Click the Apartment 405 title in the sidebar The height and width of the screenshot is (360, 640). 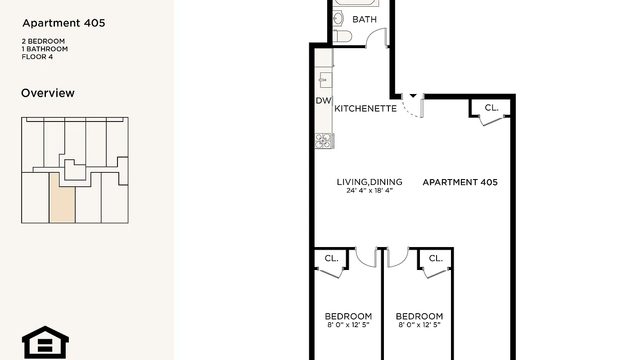63,23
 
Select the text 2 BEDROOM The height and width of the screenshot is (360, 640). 43,41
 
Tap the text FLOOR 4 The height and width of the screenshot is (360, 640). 37,57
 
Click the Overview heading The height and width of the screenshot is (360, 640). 48,93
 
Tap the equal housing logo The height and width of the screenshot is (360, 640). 45,342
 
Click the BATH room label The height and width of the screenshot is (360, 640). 364,19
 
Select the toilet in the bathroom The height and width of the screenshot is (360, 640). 342,36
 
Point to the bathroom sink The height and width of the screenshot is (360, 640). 338,18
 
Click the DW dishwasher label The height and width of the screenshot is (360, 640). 323,101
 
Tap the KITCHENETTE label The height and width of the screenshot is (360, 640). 365,108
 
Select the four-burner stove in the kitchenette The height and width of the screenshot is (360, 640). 324,141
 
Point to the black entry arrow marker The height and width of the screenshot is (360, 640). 413,95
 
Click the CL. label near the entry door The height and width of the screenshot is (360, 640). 491,108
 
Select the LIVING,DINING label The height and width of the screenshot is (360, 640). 369,182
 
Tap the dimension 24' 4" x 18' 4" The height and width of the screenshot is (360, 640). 369,190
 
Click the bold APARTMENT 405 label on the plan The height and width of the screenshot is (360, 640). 460,182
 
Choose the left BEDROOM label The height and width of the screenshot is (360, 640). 348,316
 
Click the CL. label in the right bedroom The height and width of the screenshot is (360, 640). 435,258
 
